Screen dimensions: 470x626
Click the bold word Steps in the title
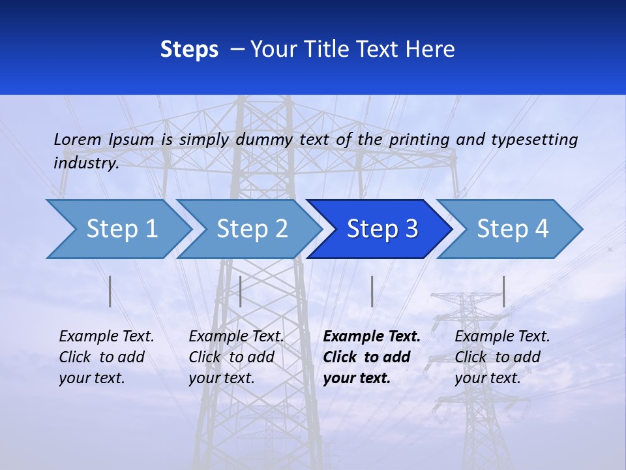(x=189, y=49)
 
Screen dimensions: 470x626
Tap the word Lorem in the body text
(x=78, y=139)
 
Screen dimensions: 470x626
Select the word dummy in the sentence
(x=264, y=139)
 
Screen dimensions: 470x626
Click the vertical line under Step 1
(x=110, y=291)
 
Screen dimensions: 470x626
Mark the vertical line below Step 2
(x=241, y=291)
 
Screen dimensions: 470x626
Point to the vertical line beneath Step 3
(x=372, y=291)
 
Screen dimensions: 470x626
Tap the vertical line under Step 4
(x=504, y=291)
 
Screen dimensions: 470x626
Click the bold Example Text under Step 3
(x=372, y=337)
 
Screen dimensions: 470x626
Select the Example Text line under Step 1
(x=106, y=337)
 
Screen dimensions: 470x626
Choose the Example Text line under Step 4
(x=502, y=337)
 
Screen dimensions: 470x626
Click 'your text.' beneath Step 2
(x=222, y=378)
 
